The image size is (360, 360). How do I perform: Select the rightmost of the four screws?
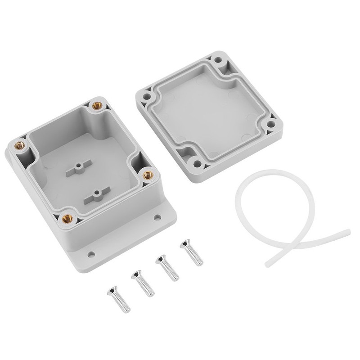point(191,253)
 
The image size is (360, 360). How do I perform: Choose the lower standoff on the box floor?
point(96,194)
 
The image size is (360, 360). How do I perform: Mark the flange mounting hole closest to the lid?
point(157,217)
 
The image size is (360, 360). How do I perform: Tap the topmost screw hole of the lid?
point(219,59)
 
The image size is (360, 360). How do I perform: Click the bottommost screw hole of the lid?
point(197,162)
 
